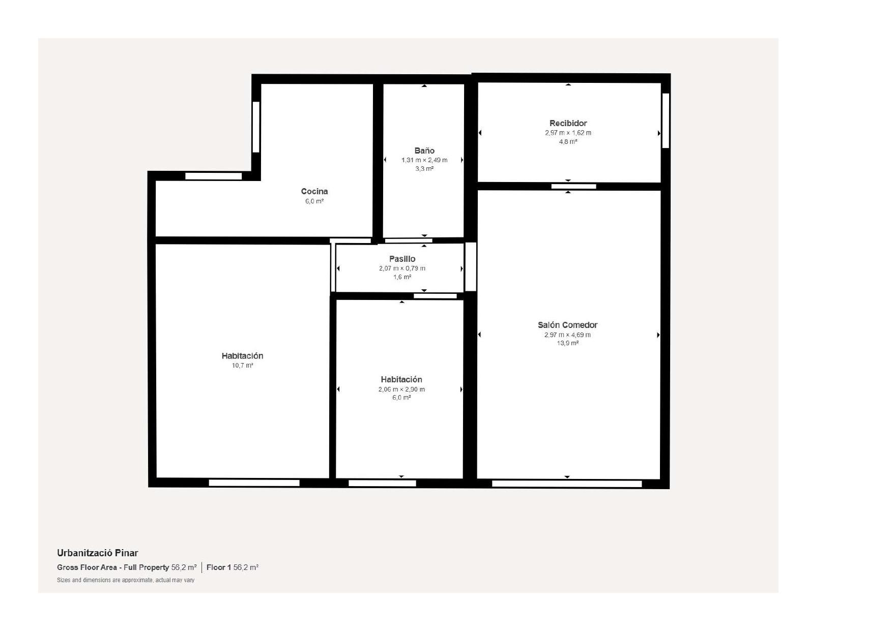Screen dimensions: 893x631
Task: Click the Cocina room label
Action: click(x=314, y=192)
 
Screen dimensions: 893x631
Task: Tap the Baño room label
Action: click(x=424, y=151)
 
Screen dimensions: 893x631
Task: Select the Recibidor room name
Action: click(x=568, y=123)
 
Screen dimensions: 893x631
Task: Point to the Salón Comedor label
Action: click(x=567, y=325)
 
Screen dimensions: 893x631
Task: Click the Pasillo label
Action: click(x=402, y=259)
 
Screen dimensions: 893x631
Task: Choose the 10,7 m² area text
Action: click(x=242, y=366)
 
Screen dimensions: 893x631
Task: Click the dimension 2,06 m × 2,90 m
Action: click(x=401, y=389)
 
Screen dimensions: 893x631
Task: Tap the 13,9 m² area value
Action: click(x=567, y=343)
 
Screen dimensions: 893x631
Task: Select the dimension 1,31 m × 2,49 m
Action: click(x=424, y=160)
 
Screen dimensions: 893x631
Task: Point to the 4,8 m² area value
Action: click(x=568, y=141)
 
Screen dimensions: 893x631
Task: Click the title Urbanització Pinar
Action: click(x=97, y=553)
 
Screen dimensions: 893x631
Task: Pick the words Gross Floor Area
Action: click(x=87, y=567)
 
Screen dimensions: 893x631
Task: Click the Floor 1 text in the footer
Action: click(x=219, y=567)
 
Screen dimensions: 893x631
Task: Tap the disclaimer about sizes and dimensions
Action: click(x=126, y=580)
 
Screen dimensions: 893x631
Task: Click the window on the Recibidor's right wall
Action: click(x=666, y=121)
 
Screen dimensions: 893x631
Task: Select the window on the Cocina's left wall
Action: click(x=256, y=127)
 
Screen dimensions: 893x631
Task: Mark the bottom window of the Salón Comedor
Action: click(x=567, y=484)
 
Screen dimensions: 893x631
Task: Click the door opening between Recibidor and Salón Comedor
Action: click(x=573, y=186)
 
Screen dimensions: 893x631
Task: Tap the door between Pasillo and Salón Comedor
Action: click(x=471, y=267)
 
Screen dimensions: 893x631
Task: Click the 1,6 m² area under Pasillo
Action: click(x=402, y=277)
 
